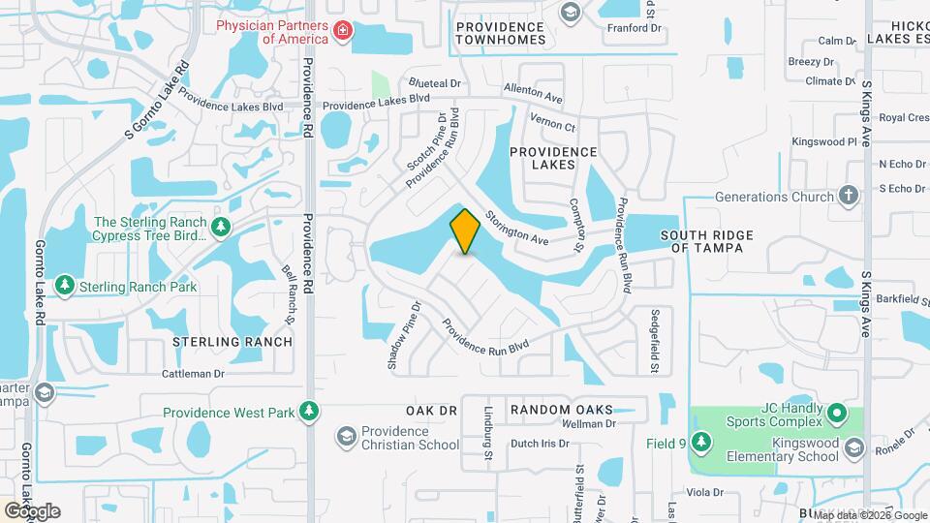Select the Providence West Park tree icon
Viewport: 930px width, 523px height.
pos(308,412)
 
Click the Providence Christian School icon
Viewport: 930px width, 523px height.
pos(346,437)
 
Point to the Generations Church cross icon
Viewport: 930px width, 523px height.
pos(849,197)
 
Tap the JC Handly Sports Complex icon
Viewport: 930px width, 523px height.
pos(839,416)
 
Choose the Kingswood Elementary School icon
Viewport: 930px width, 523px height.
pos(853,446)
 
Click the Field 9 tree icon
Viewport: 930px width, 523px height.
pos(701,445)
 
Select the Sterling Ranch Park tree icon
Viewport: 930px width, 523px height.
pos(65,286)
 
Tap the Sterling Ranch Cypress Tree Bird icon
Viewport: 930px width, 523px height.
pos(222,227)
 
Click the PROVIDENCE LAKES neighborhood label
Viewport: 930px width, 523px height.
pos(553,159)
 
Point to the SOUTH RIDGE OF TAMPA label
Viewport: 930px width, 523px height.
pos(701,241)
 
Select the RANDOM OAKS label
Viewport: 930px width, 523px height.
pos(561,410)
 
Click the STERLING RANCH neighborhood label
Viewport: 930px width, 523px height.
pos(232,342)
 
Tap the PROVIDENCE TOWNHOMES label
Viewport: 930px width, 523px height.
pos(501,34)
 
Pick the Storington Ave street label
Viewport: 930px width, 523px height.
pos(517,229)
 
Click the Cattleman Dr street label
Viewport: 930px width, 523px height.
pos(193,373)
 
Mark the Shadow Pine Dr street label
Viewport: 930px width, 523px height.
pos(405,335)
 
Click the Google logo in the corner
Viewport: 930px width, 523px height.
pos(31,511)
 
